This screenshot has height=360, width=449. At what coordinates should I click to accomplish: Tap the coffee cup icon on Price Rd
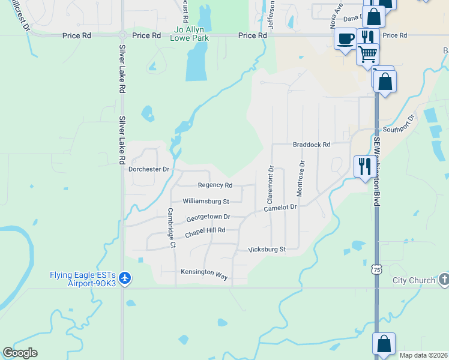[345, 40]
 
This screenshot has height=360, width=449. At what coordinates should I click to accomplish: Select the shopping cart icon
[367, 54]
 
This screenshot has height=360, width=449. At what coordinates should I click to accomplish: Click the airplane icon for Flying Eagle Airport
[125, 278]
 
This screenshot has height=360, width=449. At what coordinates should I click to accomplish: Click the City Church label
[414, 280]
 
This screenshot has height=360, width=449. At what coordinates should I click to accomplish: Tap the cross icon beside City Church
[444, 279]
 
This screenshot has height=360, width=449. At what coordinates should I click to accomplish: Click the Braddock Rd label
[312, 145]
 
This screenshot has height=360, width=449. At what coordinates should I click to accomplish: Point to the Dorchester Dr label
[149, 169]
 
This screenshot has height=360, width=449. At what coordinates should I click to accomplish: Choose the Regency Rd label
[215, 185]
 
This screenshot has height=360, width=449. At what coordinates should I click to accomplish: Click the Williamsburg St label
[206, 201]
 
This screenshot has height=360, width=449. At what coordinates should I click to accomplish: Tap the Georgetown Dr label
[208, 217]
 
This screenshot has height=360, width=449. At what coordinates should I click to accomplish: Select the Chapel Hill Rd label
[205, 231]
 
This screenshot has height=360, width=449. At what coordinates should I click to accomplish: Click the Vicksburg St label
[266, 248]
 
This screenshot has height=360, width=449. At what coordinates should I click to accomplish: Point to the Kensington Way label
[205, 272]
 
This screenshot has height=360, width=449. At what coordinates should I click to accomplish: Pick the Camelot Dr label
[281, 207]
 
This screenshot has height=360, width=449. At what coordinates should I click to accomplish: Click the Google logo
[20, 353]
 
